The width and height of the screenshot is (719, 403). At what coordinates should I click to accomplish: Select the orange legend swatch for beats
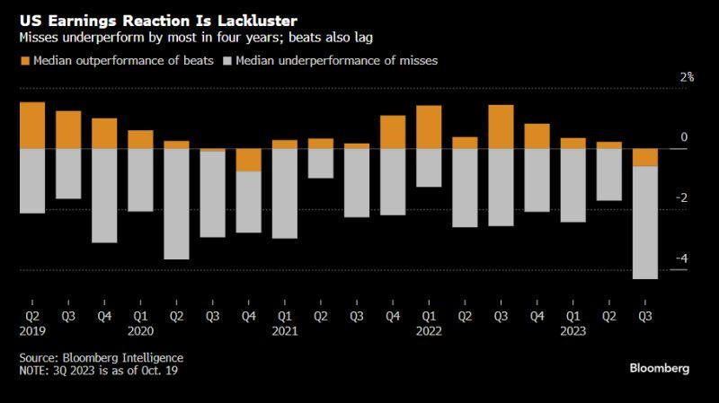tap(24, 60)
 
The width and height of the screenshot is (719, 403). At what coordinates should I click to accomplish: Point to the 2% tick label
tap(687, 77)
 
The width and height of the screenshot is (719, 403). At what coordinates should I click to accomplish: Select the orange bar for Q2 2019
tap(32, 125)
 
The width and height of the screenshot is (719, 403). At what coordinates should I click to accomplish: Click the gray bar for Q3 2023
tap(644, 223)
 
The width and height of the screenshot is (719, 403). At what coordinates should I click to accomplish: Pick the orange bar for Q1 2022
tap(429, 127)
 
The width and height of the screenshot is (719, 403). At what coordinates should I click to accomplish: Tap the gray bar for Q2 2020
tap(176, 204)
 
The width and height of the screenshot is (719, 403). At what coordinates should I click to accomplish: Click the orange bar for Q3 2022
tap(501, 127)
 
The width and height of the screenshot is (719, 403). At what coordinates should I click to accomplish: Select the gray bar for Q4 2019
tap(104, 195)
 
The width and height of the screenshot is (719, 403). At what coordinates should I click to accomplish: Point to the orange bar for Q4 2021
tap(393, 132)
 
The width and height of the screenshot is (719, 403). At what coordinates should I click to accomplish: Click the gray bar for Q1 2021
tap(284, 193)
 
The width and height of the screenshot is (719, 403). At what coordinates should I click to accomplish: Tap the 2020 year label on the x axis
tap(141, 330)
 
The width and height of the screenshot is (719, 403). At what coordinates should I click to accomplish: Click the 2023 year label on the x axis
tap(573, 330)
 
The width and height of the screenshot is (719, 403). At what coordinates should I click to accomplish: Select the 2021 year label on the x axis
tap(285, 330)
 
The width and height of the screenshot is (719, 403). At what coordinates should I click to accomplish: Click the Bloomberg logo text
tap(659, 369)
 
